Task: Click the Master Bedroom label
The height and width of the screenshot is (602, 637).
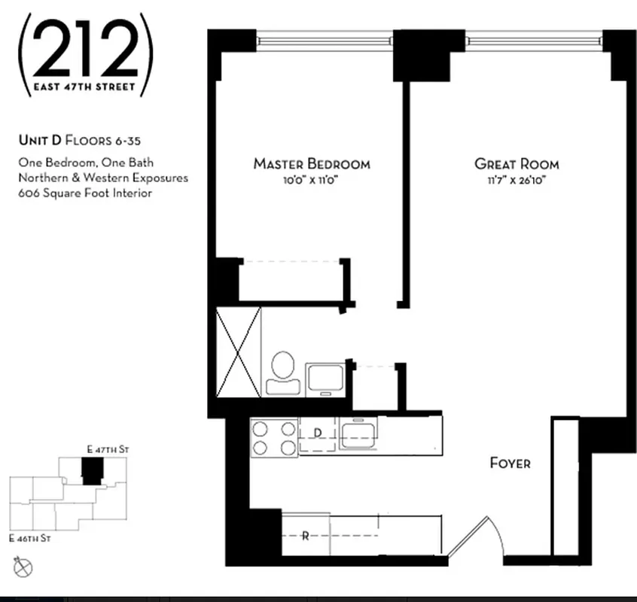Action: pos(311,164)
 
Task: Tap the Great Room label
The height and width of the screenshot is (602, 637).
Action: pos(517,164)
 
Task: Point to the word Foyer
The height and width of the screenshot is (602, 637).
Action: pos(510,463)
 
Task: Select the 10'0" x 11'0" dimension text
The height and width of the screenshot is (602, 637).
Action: pos(311,181)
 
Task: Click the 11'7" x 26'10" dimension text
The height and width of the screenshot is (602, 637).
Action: pos(517,181)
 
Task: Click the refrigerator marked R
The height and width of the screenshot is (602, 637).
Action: pos(305,537)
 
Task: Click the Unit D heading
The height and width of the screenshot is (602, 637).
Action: pos(69,140)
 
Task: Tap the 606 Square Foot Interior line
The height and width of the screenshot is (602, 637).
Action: pos(85,193)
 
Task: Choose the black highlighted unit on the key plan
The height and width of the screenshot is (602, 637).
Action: pos(91,473)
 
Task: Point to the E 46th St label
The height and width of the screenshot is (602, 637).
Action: pos(30,539)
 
